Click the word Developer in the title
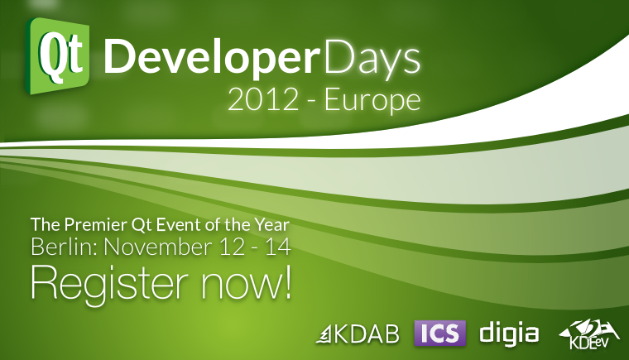pos(210,56)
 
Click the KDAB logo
pos(358,334)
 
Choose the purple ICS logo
pos(439,333)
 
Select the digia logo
pos(509,333)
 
